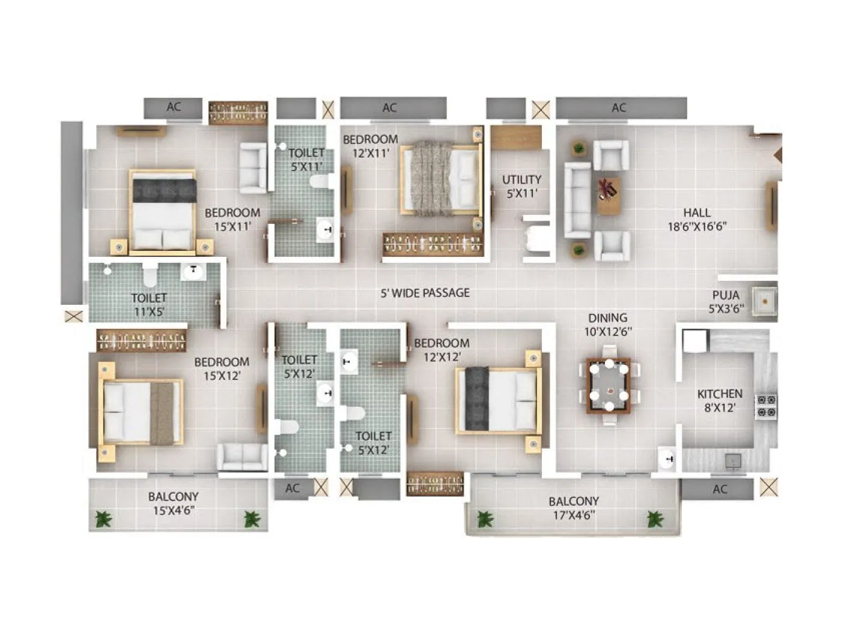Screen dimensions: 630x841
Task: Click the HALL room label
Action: pyautogui.click(x=697, y=220)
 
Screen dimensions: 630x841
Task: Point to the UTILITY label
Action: pyautogui.click(x=521, y=186)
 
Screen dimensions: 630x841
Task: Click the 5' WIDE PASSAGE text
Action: pyautogui.click(x=425, y=293)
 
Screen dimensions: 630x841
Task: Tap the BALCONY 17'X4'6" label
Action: pyautogui.click(x=574, y=508)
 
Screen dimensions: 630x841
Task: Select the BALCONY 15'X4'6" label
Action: pyautogui.click(x=174, y=503)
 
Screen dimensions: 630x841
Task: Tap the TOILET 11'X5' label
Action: pyautogui.click(x=148, y=304)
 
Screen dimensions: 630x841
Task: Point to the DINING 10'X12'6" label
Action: pyautogui.click(x=608, y=324)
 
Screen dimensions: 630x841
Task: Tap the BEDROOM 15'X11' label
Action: pyautogui.click(x=232, y=219)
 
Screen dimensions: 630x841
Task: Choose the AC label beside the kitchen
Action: pyautogui.click(x=720, y=489)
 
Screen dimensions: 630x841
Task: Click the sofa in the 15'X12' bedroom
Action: pyautogui.click(x=241, y=457)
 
